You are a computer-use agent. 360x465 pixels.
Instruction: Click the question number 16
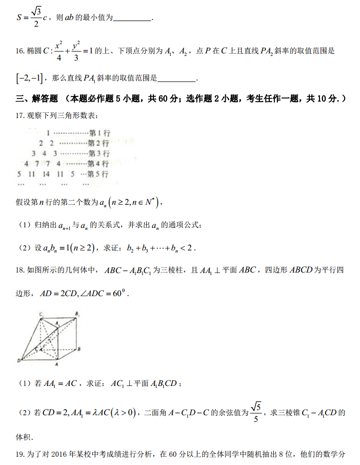(20, 51)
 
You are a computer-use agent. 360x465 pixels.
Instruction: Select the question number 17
(20, 115)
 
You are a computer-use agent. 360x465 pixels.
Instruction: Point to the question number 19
(20, 454)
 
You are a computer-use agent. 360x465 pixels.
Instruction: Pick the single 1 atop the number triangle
(47, 133)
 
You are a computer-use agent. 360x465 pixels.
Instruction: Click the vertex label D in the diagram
(18, 360)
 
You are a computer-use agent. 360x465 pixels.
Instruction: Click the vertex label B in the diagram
(79, 350)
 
